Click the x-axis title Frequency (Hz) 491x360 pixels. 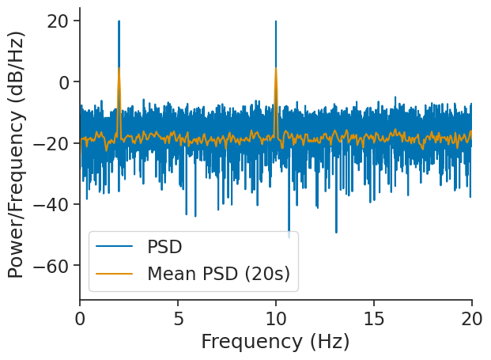point(275,342)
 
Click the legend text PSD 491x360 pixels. point(164,247)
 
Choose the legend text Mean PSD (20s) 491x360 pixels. point(218,274)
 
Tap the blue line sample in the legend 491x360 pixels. point(114,247)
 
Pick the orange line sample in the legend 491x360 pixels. point(114,274)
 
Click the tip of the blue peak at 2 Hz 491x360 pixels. point(119,21)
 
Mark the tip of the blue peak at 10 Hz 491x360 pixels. point(276,21)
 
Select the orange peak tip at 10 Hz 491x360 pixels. point(276,68)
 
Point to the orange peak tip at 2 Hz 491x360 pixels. point(119,68)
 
